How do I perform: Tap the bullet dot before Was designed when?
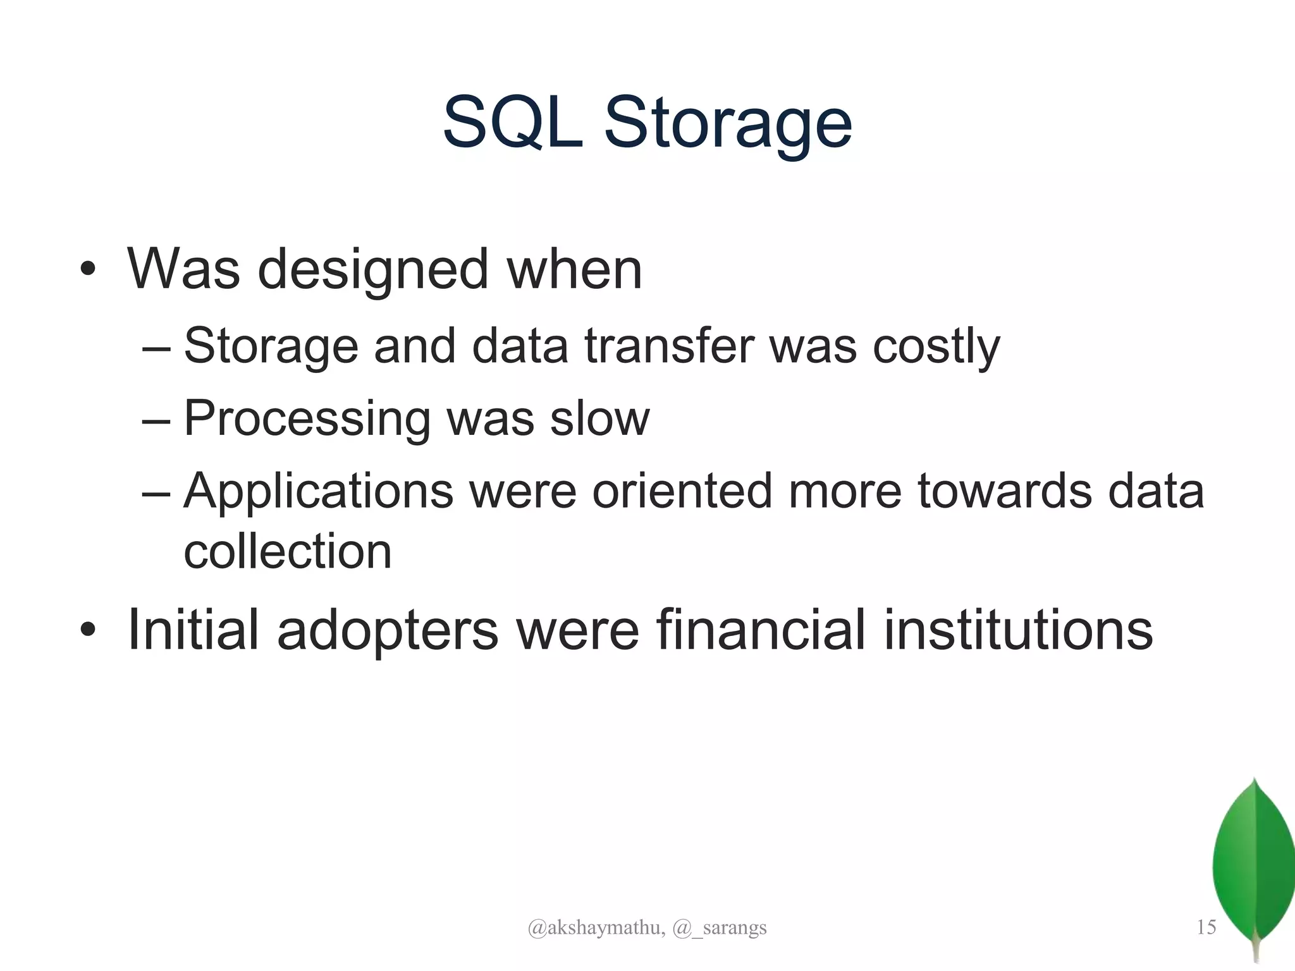(88, 271)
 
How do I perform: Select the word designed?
(372, 271)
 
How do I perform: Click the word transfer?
(669, 346)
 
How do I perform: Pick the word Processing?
(307, 419)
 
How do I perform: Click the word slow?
(599, 419)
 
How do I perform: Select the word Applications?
(318, 492)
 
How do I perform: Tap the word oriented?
(682, 492)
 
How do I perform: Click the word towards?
(1005, 492)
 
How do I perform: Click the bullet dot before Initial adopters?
(88, 630)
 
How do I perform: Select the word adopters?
(388, 631)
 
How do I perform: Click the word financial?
(760, 630)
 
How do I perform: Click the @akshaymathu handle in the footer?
(596, 927)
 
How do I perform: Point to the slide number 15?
(1206, 927)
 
